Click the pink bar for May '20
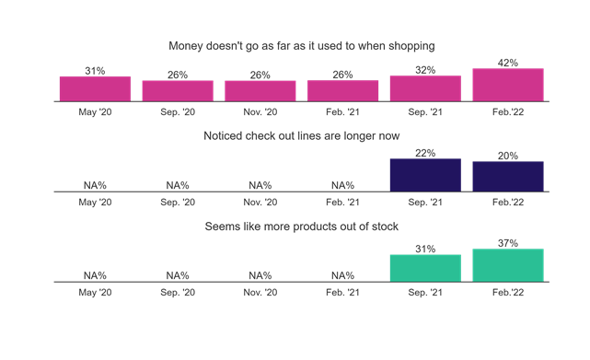(95, 88)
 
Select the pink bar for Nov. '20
(260, 90)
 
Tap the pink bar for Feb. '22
(508, 85)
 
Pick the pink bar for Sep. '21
(425, 88)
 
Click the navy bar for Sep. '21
(425, 175)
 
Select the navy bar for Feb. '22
(508, 177)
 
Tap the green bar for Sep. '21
(425, 268)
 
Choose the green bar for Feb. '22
(508, 265)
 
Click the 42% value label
(508, 63)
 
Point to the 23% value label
(425, 153)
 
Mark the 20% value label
(508, 156)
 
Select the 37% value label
(508, 243)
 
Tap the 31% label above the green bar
(425, 249)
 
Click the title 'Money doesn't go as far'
(301, 45)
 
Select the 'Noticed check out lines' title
(301, 135)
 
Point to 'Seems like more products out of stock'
(301, 226)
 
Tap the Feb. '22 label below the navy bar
(508, 202)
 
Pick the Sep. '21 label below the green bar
(425, 292)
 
